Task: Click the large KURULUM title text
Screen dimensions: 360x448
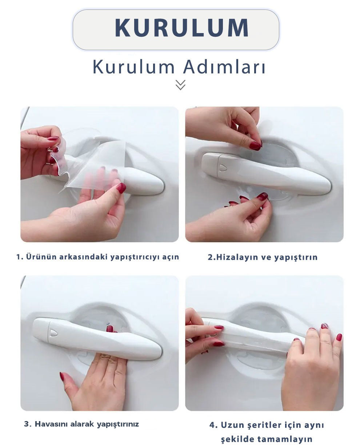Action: click(x=181, y=28)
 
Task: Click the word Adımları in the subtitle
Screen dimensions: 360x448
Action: click(x=224, y=67)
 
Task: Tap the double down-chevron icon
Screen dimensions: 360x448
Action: click(x=180, y=85)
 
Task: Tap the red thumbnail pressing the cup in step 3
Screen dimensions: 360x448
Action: click(x=109, y=329)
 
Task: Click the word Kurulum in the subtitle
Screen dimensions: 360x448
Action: click(x=134, y=67)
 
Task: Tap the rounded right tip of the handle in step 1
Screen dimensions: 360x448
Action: click(x=162, y=186)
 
